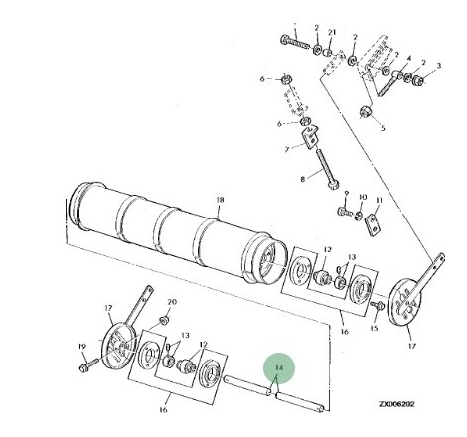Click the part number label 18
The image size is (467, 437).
click(x=220, y=200)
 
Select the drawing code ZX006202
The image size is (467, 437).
click(x=396, y=404)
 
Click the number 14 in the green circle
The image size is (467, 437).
click(x=279, y=367)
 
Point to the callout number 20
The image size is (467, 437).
click(x=172, y=302)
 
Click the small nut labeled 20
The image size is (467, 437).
click(x=164, y=321)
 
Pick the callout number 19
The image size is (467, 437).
click(x=82, y=347)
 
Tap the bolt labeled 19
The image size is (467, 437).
click(x=88, y=364)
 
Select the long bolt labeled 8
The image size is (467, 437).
click(x=327, y=169)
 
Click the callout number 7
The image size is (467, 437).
click(x=287, y=150)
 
